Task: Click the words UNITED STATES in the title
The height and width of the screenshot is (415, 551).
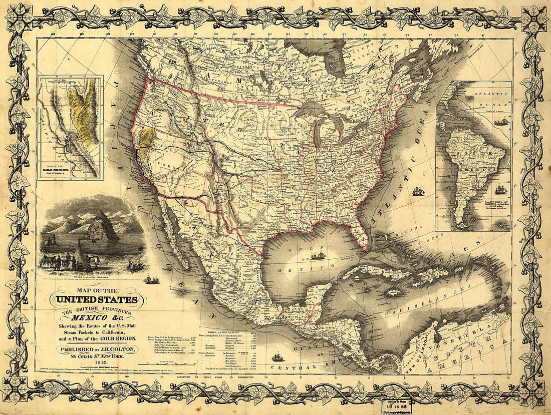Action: (94, 300)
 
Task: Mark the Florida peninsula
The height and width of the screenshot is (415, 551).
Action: (359, 233)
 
